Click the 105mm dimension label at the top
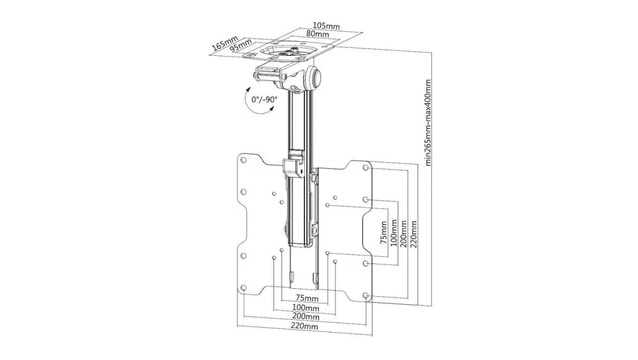point(326,26)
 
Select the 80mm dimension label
point(318,34)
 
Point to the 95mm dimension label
point(240,46)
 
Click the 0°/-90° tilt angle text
point(264,100)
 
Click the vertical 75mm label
point(383,232)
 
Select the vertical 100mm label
point(393,232)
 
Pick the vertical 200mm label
point(403,233)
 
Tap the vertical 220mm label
point(414,234)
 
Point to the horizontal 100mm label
point(306,308)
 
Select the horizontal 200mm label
point(306,317)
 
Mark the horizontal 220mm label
point(304,326)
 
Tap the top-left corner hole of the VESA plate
point(244,160)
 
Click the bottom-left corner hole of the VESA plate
point(244,288)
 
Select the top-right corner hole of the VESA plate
point(366,167)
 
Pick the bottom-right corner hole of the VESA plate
point(366,296)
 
